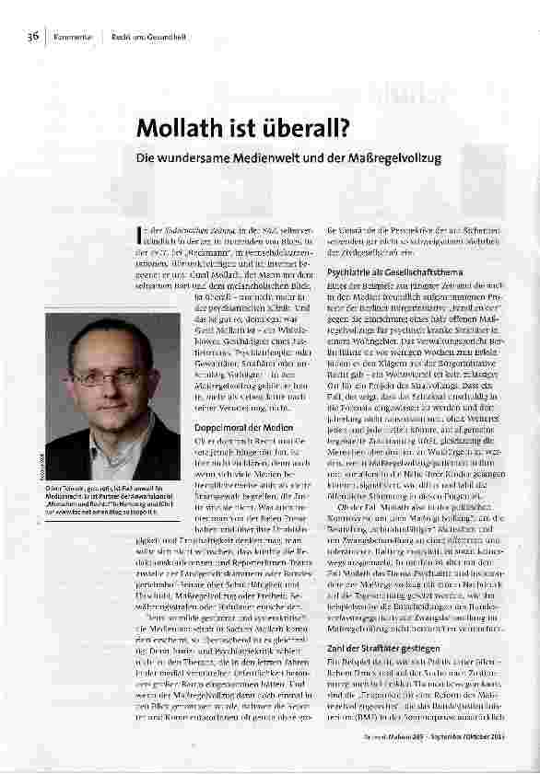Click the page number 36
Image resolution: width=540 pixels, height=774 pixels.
[32, 37]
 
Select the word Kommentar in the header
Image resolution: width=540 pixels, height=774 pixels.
[68, 37]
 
